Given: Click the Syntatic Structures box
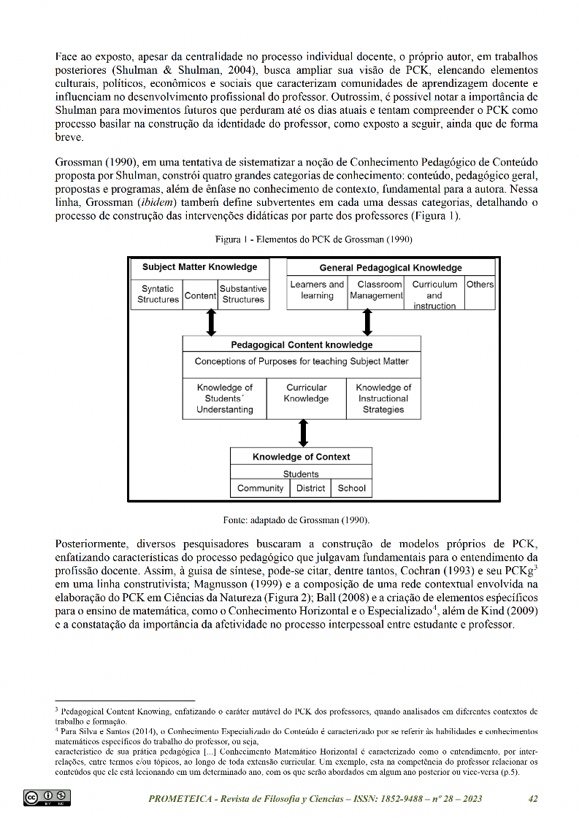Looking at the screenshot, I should (x=158, y=294).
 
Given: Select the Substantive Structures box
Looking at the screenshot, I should (x=243, y=294).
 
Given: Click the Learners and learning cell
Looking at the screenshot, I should (x=317, y=290).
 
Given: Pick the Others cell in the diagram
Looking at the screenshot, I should (x=480, y=285).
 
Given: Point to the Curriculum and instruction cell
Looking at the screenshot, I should (x=434, y=294).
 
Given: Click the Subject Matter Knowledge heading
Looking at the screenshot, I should (x=199, y=267).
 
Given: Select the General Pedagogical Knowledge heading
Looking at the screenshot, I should (x=391, y=268).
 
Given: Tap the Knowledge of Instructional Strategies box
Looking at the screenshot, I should (x=383, y=398).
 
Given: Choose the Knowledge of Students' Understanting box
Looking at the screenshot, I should (x=225, y=398).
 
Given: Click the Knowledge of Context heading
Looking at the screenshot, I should (x=302, y=457).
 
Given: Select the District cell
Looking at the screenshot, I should (x=311, y=488).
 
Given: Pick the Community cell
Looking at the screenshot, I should (x=261, y=488).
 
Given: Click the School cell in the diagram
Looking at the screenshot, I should (x=352, y=488).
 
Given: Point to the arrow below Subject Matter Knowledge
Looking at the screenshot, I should (x=212, y=322).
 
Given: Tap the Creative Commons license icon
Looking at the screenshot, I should (x=47, y=798).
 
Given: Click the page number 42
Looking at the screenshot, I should (x=533, y=799).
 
